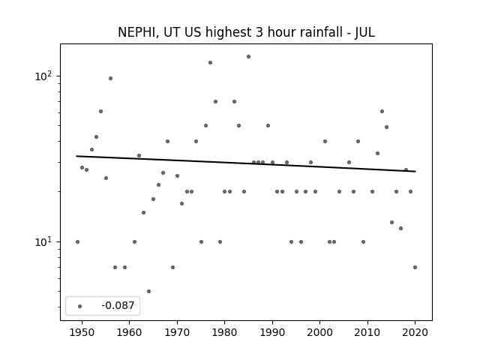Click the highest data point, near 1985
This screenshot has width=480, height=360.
(248, 57)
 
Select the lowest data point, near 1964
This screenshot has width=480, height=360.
(148, 292)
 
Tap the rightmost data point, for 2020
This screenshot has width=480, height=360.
(415, 267)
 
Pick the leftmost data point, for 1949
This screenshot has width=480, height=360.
(77, 241)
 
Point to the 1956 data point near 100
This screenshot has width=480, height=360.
(110, 78)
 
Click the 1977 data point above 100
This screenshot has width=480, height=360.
(210, 63)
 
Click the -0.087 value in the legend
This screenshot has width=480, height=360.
(118, 305)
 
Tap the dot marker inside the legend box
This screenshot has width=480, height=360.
(80, 306)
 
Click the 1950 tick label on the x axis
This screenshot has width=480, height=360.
(82, 332)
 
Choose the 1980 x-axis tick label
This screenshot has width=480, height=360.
(225, 332)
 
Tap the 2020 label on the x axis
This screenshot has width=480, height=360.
(415, 332)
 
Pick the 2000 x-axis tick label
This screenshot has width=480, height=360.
(320, 332)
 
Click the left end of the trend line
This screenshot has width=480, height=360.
(76, 156)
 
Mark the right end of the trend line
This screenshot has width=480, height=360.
(415, 172)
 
